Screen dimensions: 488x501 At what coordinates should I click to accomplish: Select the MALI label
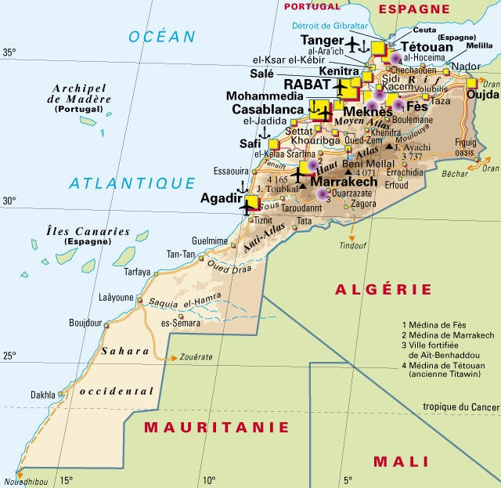(401, 461)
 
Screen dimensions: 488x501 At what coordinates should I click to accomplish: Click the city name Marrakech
(344, 181)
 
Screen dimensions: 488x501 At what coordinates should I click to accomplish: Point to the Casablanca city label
(267, 110)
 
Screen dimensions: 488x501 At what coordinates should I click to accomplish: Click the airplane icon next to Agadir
(250, 205)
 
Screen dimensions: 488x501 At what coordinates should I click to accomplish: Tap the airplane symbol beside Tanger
(353, 42)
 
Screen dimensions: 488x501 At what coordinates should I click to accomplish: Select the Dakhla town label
(43, 395)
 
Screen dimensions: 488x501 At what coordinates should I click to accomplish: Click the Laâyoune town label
(117, 298)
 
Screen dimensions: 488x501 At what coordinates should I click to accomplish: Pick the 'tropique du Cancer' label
(460, 406)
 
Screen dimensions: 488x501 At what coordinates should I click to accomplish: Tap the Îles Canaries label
(77, 231)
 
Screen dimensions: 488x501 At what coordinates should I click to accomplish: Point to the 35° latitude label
(9, 53)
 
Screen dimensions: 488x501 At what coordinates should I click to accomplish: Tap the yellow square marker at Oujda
(471, 82)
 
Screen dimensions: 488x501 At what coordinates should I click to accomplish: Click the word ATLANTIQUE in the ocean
(132, 183)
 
